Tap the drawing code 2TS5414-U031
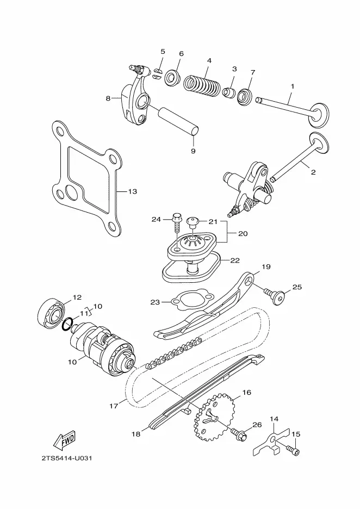(x=67, y=458)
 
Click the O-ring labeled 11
(x=66, y=324)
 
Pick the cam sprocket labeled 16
(x=213, y=417)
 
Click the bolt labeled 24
(x=177, y=222)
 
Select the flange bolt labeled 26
(x=240, y=432)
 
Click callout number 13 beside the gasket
(x=133, y=191)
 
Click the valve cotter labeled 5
(x=157, y=72)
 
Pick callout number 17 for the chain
(x=114, y=406)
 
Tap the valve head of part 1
(x=319, y=115)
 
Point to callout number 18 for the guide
(x=136, y=434)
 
